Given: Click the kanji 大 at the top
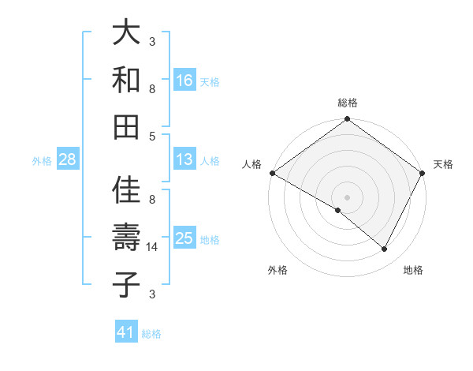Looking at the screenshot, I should point(126,33).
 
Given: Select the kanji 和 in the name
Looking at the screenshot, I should point(126,80).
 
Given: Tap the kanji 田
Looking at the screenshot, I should point(126,126).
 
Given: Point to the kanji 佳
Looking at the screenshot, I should point(126,189).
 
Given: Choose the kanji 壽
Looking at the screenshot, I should point(126,238).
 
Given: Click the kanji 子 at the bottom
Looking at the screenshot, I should point(126,284).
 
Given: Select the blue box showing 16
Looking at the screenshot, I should point(184,80).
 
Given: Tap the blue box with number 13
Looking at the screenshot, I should point(184,159).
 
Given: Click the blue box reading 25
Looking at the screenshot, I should point(184,238).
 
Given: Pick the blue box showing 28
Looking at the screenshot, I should point(68,160).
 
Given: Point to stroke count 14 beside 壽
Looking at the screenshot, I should point(153,247).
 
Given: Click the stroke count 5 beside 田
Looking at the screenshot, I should point(152,136).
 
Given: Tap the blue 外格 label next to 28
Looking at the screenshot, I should point(42,161).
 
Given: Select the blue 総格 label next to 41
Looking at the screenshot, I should point(151,334).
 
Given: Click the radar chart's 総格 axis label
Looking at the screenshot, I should point(347,103).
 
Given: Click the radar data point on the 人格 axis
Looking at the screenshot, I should point(272,173).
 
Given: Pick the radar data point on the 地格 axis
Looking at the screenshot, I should point(385,249).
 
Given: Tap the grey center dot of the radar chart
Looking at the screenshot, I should point(347,197).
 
